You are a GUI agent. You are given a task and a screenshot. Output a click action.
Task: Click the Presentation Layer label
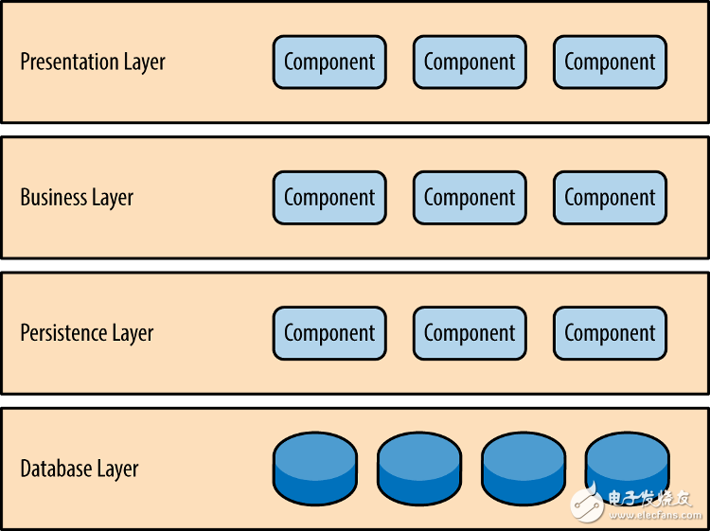coord(93,62)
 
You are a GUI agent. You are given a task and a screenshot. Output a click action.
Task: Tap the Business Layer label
coord(77,198)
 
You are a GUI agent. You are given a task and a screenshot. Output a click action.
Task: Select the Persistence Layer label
coord(87,333)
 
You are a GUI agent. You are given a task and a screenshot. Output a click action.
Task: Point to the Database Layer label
coord(80,469)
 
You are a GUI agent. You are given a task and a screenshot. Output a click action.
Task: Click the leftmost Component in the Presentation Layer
coord(329,62)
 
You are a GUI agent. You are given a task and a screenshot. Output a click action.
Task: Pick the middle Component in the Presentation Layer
coord(470,62)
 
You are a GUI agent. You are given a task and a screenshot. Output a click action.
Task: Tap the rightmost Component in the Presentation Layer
coord(610,62)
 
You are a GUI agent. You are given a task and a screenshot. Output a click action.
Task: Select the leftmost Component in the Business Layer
coord(329,198)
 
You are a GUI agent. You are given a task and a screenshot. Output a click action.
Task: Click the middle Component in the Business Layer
coord(470,198)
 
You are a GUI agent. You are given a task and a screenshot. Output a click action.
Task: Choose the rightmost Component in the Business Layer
coord(610,198)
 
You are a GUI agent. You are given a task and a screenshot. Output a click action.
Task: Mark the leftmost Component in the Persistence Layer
coord(329,333)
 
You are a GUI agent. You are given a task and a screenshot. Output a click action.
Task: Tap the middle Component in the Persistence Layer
coord(470,333)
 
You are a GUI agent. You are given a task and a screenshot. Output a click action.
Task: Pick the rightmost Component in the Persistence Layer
coord(610,333)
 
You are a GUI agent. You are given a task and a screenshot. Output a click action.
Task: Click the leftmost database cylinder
coord(315,469)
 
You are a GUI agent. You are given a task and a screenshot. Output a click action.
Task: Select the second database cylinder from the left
coord(419,469)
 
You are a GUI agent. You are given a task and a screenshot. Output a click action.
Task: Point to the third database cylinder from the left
coord(524,469)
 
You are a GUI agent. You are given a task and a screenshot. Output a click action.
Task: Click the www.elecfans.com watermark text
coord(655,515)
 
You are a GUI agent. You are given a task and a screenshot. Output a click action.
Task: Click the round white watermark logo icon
coord(587,503)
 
